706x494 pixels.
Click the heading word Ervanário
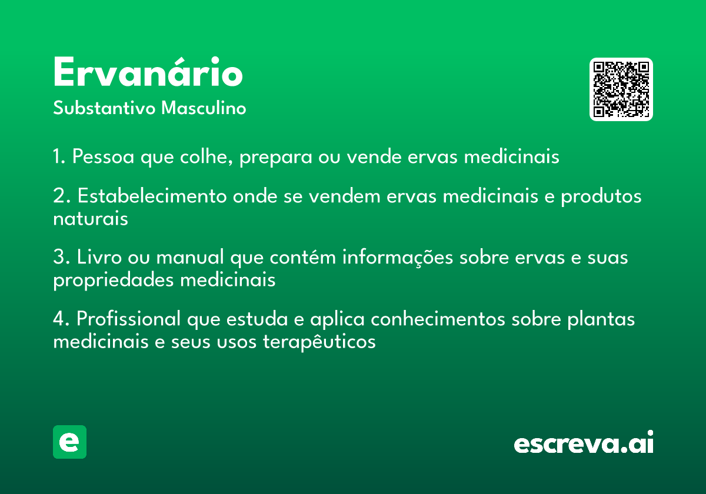coord(148,72)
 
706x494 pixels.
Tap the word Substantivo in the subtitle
coord(104,108)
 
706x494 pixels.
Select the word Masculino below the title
coord(204,108)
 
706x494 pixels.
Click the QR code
coord(621,89)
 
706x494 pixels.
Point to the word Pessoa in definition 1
coord(104,156)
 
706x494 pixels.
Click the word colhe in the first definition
coord(207,156)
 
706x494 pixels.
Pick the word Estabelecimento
coord(152,196)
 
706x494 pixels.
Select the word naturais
coord(91,219)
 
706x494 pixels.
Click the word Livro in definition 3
coord(99,257)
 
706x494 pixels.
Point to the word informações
coord(398,258)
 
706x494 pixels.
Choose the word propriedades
coord(114,281)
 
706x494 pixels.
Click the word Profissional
coord(129,319)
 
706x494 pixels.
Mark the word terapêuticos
coord(319,342)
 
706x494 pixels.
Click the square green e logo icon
coord(69,442)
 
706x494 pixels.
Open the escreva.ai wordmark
coord(584,442)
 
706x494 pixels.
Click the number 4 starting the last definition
coord(59,319)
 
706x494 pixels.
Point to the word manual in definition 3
coord(190,257)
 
